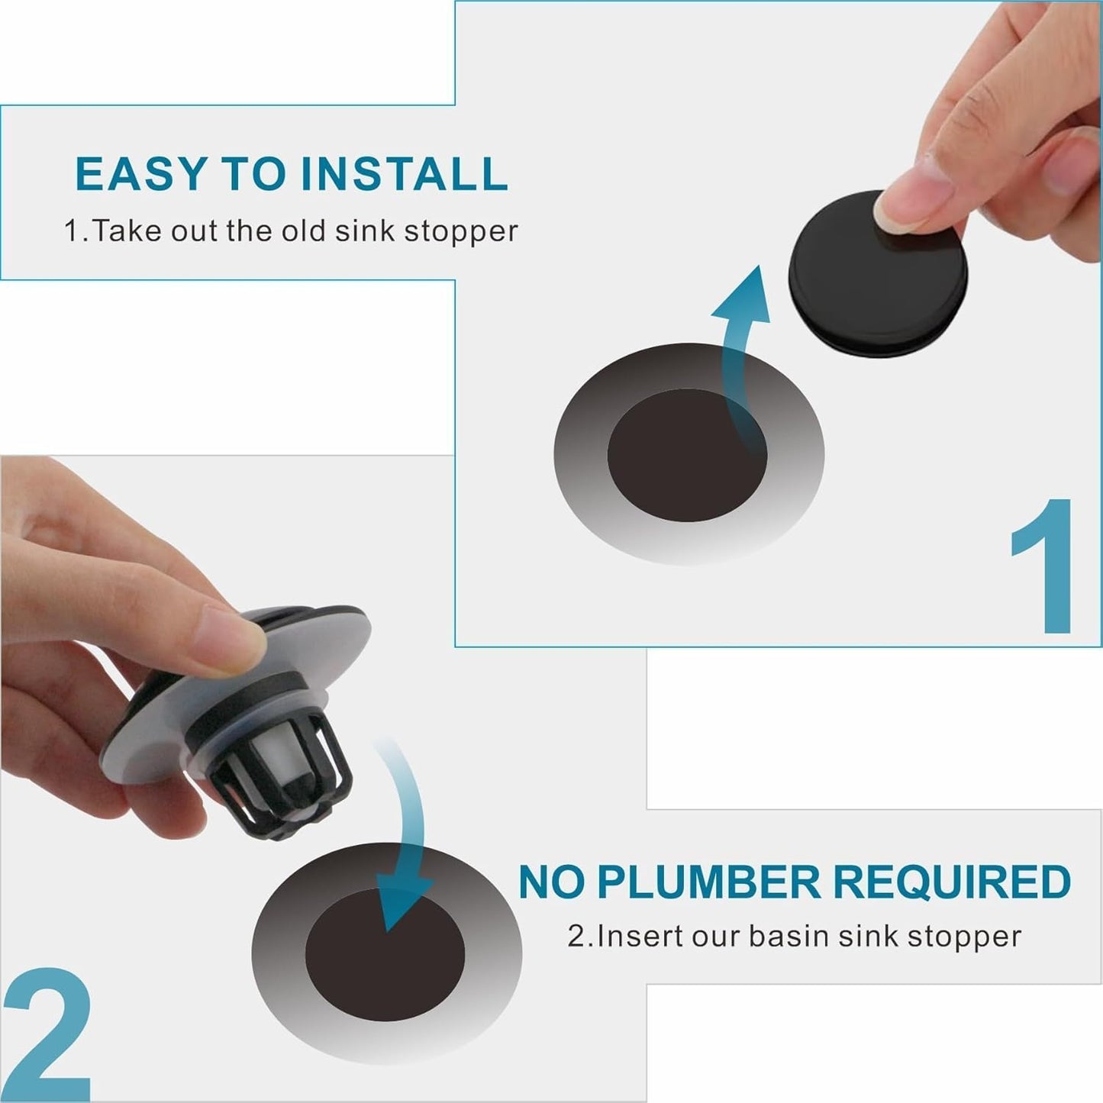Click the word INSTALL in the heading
point(404,174)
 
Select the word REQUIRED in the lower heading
point(951,883)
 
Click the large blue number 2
point(47,1034)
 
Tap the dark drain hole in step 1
point(686,456)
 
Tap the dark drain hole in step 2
point(385,954)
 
